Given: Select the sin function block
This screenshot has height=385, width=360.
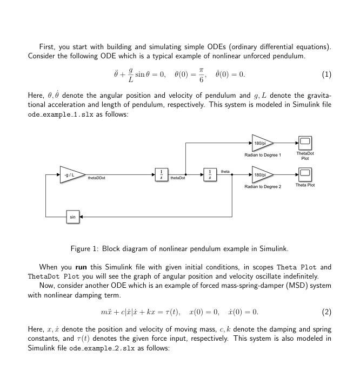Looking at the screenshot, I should tap(73, 217).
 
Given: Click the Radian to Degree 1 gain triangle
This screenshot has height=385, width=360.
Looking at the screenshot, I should tap(262, 143).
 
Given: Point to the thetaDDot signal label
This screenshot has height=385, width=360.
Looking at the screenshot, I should tap(96, 179).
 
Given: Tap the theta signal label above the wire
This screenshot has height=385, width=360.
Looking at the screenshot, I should tap(225, 171).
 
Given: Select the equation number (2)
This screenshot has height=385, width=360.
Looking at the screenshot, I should tap(326, 312).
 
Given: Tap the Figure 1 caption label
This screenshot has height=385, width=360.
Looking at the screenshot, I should tap(89, 248).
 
